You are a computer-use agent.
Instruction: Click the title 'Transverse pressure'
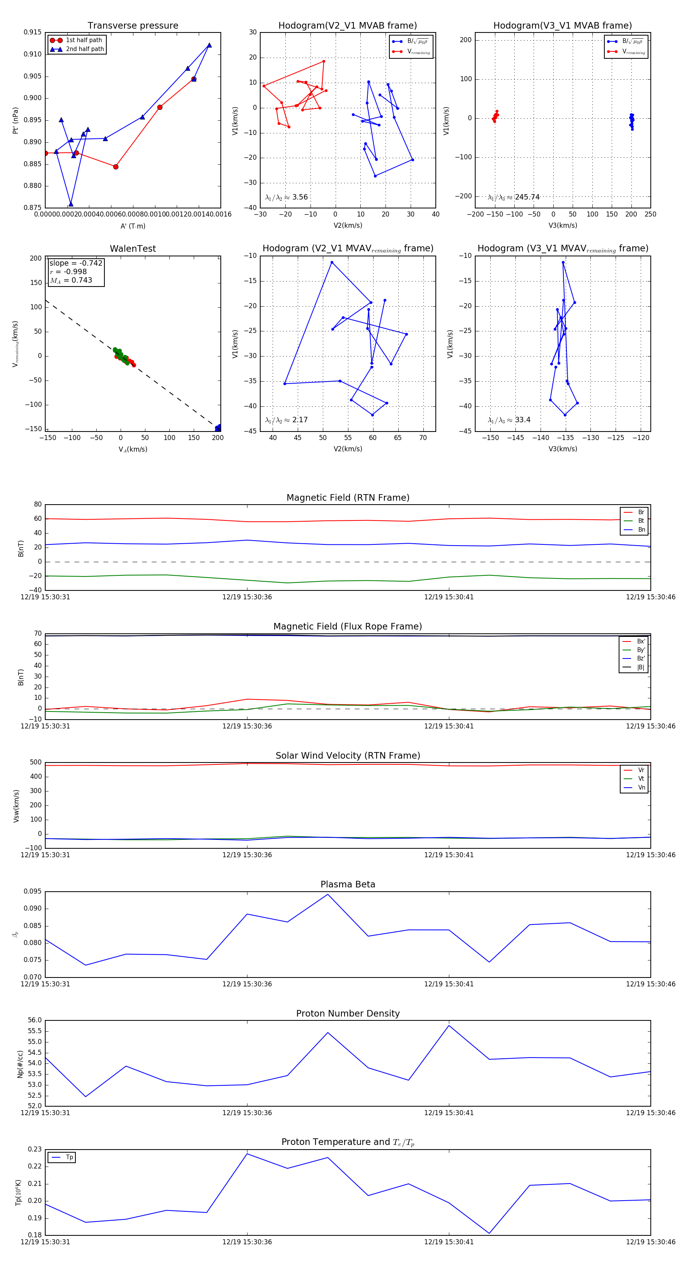pyautogui.click(x=133, y=26)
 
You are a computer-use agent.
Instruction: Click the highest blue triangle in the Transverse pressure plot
pyautogui.click(x=209, y=45)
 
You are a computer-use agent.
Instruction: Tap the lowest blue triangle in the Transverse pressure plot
pyautogui.click(x=71, y=204)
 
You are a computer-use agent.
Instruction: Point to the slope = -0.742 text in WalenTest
pyautogui.click(x=76, y=263)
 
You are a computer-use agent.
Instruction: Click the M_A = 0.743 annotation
pyautogui.click(x=71, y=280)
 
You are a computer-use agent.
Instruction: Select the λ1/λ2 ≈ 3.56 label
pyautogui.click(x=286, y=197)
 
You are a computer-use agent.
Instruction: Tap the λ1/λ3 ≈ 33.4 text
pyautogui.click(x=509, y=420)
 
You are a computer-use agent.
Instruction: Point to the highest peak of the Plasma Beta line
pyautogui.click(x=328, y=894)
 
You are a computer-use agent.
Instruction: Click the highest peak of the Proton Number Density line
pyautogui.click(x=449, y=1025)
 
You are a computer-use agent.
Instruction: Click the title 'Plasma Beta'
pyautogui.click(x=348, y=885)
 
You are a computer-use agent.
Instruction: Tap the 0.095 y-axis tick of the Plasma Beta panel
pyautogui.click(x=32, y=892)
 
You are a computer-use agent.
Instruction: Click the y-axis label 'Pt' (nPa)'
pyautogui.click(x=15, y=120)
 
